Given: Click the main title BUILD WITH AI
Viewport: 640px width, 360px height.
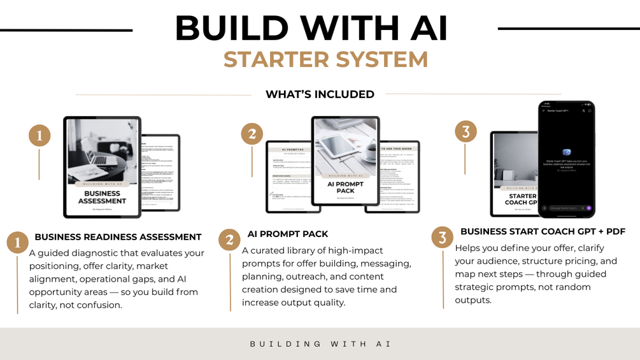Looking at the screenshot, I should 311,28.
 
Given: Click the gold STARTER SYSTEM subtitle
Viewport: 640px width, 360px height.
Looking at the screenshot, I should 325,59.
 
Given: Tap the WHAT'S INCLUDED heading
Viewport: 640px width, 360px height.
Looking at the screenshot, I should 320,94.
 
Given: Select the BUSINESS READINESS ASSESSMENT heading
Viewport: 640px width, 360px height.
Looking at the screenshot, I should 118,237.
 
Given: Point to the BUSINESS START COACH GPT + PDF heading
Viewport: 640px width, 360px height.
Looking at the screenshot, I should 543,231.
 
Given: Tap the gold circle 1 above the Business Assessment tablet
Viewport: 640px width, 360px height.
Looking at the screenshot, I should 39,136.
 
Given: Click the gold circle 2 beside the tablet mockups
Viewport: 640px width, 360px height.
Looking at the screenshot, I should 252,134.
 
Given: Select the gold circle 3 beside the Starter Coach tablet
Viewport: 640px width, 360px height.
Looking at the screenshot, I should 466,132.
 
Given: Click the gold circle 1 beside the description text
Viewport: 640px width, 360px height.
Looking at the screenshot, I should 18,242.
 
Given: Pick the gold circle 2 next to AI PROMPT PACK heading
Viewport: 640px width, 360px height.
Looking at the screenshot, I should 229,240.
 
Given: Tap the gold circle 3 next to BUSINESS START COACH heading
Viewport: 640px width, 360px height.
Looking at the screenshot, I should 443,238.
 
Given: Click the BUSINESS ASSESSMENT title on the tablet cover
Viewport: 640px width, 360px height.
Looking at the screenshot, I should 102,197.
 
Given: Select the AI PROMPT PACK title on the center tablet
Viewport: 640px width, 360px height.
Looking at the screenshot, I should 345,187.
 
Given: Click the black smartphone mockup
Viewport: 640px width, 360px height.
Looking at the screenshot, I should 566,159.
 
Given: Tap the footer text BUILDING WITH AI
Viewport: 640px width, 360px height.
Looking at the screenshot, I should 320,344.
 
